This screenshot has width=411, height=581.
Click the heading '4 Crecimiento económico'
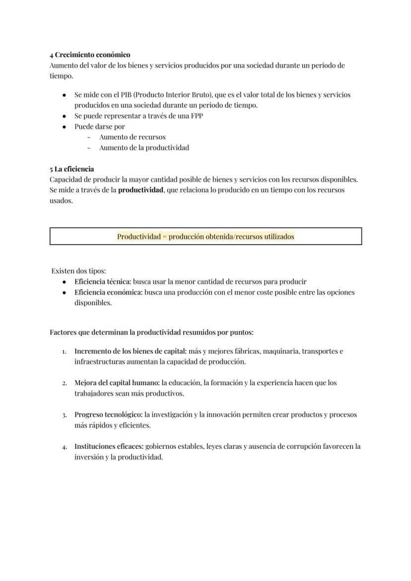point(90,55)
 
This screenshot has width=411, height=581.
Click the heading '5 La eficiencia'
point(71,169)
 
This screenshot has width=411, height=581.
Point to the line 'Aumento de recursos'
point(132,137)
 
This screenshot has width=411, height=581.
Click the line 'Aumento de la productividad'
point(144,148)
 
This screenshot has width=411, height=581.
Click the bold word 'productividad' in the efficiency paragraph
point(140,190)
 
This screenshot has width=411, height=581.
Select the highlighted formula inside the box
point(205,237)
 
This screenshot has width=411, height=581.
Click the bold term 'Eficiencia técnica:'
point(102,281)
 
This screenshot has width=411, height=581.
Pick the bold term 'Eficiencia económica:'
point(108,292)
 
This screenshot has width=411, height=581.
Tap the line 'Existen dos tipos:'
point(78,271)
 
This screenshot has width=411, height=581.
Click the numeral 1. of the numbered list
point(65,351)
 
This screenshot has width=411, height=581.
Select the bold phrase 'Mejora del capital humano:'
point(117,383)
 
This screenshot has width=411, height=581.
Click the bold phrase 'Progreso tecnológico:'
point(108,415)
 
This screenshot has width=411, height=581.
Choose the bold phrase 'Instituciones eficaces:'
point(109,446)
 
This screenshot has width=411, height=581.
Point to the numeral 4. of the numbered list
point(65,447)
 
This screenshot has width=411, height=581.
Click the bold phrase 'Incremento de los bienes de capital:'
point(130,351)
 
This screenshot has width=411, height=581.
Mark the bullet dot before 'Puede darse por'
point(64,127)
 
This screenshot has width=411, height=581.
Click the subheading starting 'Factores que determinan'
point(151,332)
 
